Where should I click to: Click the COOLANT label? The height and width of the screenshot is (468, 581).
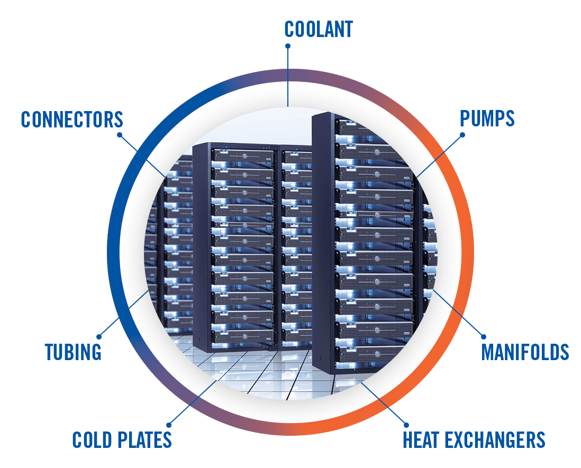click(318, 29)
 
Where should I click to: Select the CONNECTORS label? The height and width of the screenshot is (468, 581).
click(72, 120)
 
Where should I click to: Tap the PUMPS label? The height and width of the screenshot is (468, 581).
click(487, 119)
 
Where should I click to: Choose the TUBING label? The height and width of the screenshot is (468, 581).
click(73, 352)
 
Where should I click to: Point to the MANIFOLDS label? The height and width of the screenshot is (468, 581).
click(525, 352)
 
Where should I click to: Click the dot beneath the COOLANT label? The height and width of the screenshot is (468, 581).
click(288, 46)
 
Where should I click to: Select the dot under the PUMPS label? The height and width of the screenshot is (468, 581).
click(463, 134)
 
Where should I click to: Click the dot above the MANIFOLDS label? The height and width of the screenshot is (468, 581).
click(483, 336)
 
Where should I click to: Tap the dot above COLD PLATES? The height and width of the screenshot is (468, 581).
click(169, 424)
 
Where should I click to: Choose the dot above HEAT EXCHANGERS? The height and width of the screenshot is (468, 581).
click(406, 424)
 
